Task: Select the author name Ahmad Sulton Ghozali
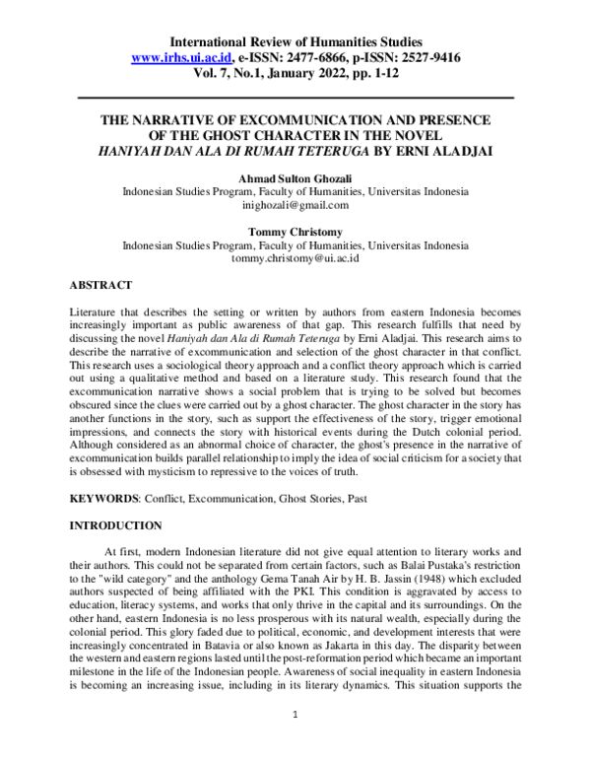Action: (295, 179)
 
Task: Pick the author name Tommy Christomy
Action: (295, 231)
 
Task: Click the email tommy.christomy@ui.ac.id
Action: (295, 257)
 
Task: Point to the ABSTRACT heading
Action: (100, 285)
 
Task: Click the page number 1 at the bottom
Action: (295, 736)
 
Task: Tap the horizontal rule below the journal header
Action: (295, 98)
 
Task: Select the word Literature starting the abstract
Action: (96, 310)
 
